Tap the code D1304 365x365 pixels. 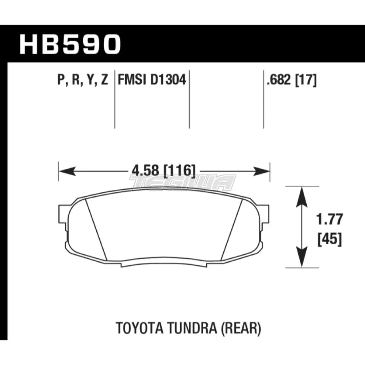(x=168, y=79)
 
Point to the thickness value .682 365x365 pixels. (x=279, y=79)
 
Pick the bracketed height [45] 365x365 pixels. (x=330, y=240)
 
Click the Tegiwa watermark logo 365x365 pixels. (x=182, y=182)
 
